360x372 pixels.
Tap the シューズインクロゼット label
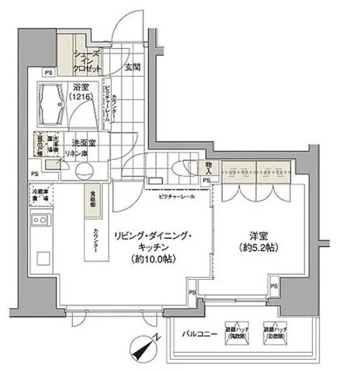click(x=85, y=59)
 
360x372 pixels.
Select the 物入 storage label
click(x=209, y=166)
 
